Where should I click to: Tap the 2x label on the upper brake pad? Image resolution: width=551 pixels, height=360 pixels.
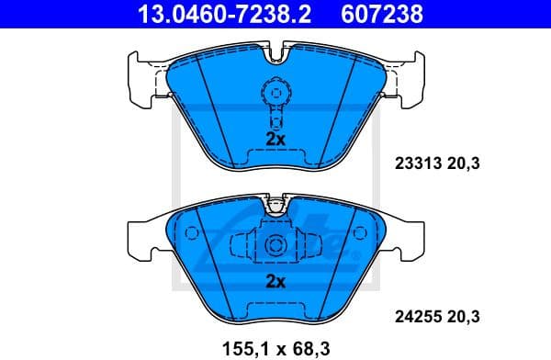point(274,139)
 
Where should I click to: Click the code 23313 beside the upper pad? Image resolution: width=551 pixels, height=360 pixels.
point(415,164)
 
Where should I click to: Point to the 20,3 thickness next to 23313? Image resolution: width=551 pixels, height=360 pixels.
point(466,164)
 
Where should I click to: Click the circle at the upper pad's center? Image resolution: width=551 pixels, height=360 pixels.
point(274,93)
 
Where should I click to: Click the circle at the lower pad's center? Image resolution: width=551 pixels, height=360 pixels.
point(274,246)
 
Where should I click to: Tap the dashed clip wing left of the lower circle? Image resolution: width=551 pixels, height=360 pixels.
point(242,246)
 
